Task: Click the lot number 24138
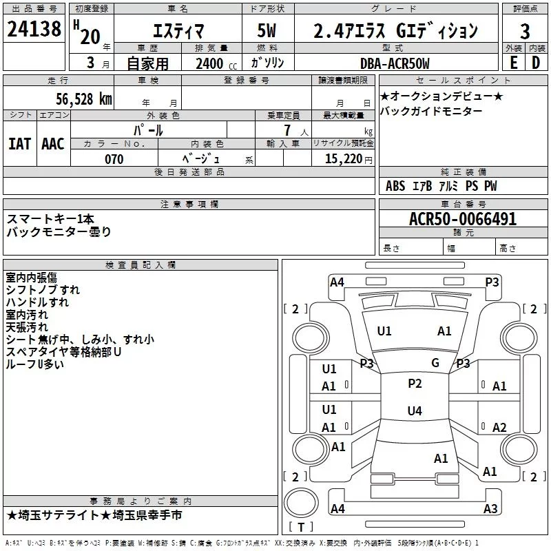pyautogui.click(x=34, y=29)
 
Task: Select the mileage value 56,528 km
pyautogui.click(x=84, y=99)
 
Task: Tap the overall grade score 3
pyautogui.click(x=525, y=31)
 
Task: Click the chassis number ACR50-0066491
pyautogui.click(x=463, y=219)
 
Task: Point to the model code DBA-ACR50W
pyautogui.click(x=395, y=63)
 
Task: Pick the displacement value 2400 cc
pyautogui.click(x=216, y=63)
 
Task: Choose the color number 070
pyautogui.click(x=114, y=159)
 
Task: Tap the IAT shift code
pyautogui.click(x=20, y=144)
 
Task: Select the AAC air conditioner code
pyautogui.click(x=53, y=144)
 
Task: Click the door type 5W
pyautogui.click(x=267, y=30)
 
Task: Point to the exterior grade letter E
pyautogui.click(x=513, y=63)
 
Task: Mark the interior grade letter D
pyautogui.click(x=536, y=63)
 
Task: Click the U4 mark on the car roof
pyautogui.click(x=415, y=410)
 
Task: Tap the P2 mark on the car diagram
pyautogui.click(x=415, y=384)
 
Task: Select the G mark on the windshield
pyautogui.click(x=435, y=363)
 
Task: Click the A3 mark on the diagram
pyautogui.click(x=490, y=508)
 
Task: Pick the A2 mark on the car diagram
pyautogui.click(x=499, y=427)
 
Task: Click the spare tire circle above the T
pyautogui.click(x=301, y=503)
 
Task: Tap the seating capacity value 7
pyautogui.click(x=287, y=130)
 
